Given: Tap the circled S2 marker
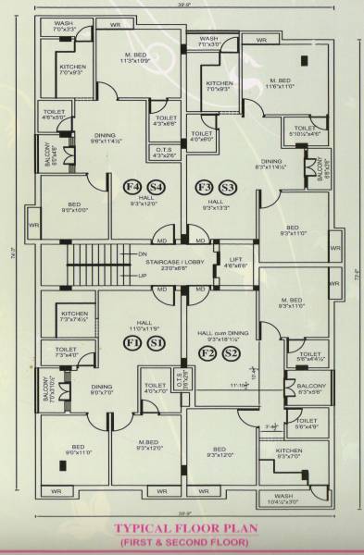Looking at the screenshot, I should click(232, 353).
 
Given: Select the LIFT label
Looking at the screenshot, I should click(236, 259).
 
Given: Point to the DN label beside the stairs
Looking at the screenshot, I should click(142, 253).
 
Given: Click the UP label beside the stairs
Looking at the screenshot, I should click(142, 276).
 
